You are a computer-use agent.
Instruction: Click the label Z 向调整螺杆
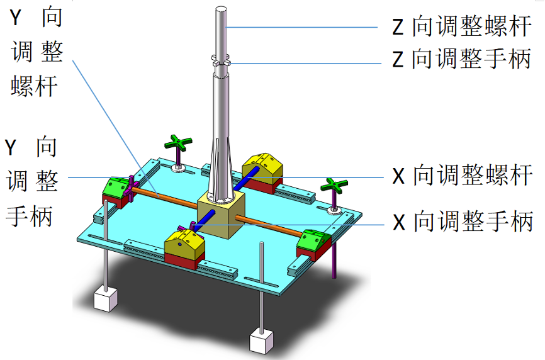[x=463, y=27]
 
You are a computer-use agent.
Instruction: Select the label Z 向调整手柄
[x=463, y=60]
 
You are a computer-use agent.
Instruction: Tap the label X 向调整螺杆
[x=463, y=176]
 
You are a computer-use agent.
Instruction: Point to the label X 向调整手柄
[x=463, y=221]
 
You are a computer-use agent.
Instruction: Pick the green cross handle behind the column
[x=179, y=143]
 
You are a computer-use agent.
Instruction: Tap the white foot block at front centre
[x=261, y=341]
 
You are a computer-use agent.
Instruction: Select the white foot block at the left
[x=105, y=298]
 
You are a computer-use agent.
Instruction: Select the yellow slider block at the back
[x=263, y=164]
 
